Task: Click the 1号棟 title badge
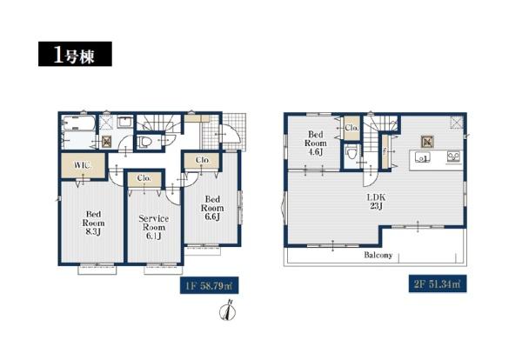(x=75, y=54)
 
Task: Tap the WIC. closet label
(x=83, y=165)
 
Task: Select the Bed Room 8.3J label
(x=94, y=223)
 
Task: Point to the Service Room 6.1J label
(x=153, y=227)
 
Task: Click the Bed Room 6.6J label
(x=212, y=208)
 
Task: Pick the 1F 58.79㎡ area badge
(x=210, y=285)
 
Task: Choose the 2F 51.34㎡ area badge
(x=438, y=283)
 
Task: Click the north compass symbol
(x=228, y=310)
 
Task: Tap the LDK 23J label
(x=376, y=201)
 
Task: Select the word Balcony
(x=378, y=255)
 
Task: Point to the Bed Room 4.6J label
(x=316, y=143)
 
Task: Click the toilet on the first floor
(x=145, y=142)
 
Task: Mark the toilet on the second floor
(x=351, y=154)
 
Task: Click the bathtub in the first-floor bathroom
(x=79, y=123)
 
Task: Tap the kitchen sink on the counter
(x=422, y=157)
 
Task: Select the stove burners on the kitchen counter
(x=454, y=157)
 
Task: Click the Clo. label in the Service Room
(x=144, y=178)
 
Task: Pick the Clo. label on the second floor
(x=351, y=128)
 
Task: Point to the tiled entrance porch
(x=234, y=132)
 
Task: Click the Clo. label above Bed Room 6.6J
(x=203, y=160)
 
